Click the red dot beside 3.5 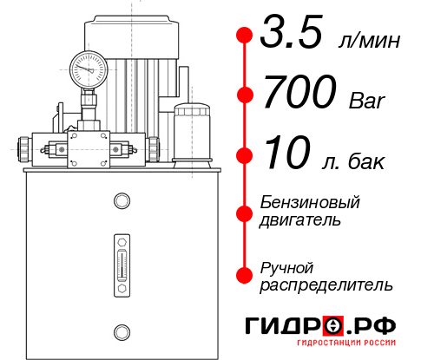point(245,36)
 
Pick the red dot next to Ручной point(245,274)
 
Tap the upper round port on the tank point(122,202)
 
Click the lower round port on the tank point(122,331)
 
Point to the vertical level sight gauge point(122,260)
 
